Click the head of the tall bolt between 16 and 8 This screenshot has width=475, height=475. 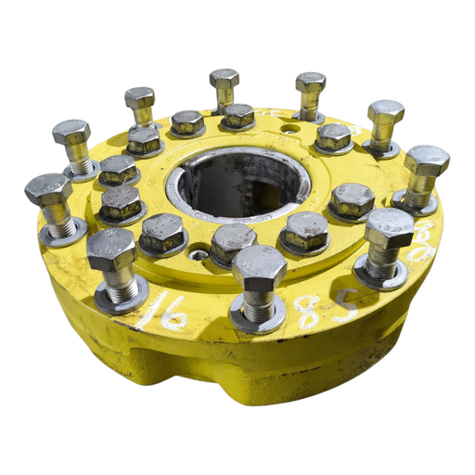click(258, 267)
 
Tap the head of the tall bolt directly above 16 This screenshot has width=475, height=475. click(111, 249)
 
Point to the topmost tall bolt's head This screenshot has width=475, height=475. click(224, 80)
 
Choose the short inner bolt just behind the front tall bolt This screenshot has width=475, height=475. click(233, 239)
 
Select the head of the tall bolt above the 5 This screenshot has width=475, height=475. click(389, 227)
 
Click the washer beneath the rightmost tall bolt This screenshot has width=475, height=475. click(415, 201)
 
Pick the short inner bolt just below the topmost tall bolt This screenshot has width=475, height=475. click(238, 116)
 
